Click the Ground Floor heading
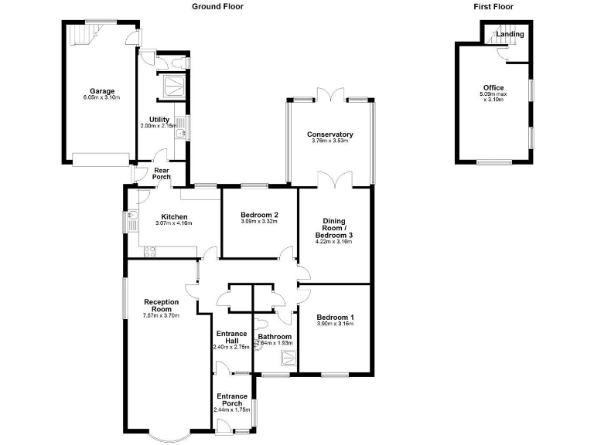tap(217, 6)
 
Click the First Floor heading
tap(493, 6)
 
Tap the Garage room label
tap(102, 91)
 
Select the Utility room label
tap(159, 119)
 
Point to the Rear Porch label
tap(161, 174)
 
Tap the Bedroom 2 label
tap(260, 215)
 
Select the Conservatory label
tap(329, 134)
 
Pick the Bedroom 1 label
tap(336, 317)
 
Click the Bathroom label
tap(274, 337)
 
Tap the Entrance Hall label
tap(232, 337)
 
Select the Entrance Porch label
tap(232, 399)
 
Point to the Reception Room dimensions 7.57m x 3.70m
tap(161, 315)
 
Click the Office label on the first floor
tap(493, 88)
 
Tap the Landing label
tap(510, 34)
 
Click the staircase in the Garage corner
tap(83, 33)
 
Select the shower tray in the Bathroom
tap(287, 358)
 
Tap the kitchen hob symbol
tap(148, 250)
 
